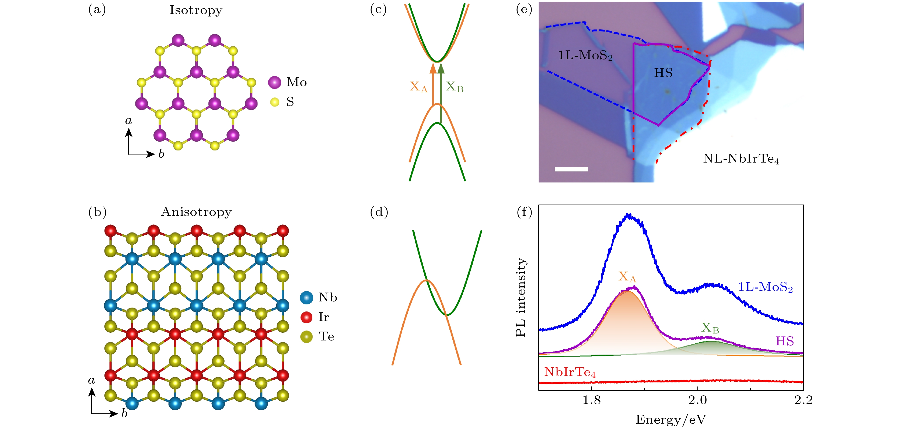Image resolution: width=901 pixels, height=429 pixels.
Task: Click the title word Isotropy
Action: (x=196, y=10)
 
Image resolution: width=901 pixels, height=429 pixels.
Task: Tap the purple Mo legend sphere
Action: (x=275, y=82)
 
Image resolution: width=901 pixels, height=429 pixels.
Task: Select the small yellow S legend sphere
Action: (x=275, y=102)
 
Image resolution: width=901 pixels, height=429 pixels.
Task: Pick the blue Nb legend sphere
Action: (x=306, y=298)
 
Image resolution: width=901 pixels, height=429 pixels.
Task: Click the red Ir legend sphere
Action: (x=306, y=317)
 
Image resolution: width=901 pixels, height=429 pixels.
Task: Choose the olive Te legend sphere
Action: (x=306, y=337)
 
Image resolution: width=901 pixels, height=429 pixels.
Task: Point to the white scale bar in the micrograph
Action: (x=571, y=169)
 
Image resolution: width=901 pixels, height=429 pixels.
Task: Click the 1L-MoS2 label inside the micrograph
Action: (x=585, y=55)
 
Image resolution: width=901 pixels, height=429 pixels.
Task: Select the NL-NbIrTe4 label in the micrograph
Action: (x=741, y=159)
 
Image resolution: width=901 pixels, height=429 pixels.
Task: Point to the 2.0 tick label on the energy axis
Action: (x=697, y=400)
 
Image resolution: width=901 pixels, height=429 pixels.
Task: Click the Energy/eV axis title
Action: (x=671, y=419)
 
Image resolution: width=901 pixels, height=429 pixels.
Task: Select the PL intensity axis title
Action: (x=521, y=297)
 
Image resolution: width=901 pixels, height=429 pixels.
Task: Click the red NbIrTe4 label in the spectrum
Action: (x=570, y=372)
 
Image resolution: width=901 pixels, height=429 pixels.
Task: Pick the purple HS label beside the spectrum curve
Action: (x=784, y=341)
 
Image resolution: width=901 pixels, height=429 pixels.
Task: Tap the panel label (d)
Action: (x=379, y=212)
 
